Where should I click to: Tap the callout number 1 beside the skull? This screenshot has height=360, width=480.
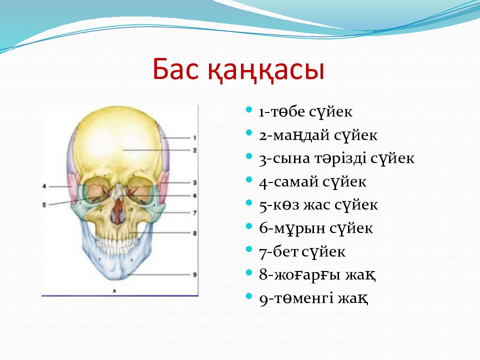pos(194,138)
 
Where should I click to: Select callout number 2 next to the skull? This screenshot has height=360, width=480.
pos(194,150)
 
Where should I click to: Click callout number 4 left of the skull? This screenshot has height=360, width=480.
pos(44,186)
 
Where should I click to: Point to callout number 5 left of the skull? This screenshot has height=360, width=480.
pos(44,205)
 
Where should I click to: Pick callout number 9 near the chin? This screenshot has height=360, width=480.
pos(194,274)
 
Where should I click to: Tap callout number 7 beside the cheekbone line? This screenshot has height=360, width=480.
pos(194,212)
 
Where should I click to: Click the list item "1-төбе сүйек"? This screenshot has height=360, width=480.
pos(305,111)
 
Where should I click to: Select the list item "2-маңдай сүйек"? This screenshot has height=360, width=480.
pos(318,135)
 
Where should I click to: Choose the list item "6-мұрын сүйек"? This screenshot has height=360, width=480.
pos(316,228)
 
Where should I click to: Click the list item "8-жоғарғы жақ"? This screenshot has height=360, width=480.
pos(317,275)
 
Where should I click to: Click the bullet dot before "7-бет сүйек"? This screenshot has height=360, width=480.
pos(249,249)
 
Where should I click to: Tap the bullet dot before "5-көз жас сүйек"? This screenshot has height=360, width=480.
pos(249,202)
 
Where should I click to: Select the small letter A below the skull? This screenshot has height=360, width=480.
pos(114,290)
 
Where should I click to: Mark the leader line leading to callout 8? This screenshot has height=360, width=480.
pos(160,233)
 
